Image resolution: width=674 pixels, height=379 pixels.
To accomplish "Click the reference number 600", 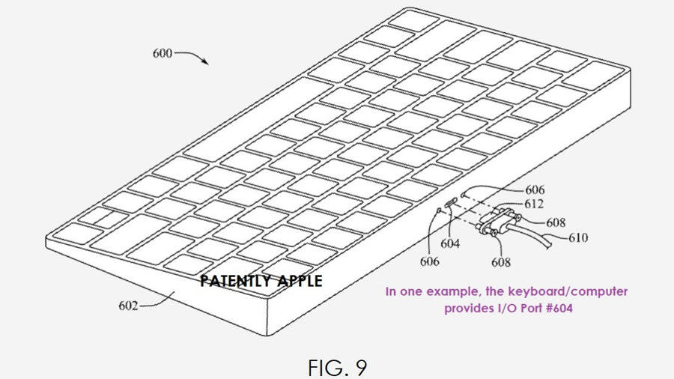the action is point(162,54).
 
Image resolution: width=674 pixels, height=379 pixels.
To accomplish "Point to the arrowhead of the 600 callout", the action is point(207,62).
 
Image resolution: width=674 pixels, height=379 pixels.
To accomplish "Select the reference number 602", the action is point(128,306).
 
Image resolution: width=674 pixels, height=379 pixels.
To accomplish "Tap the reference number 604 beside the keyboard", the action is point(450,243).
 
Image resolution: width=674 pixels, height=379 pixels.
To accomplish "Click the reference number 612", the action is point(534,204).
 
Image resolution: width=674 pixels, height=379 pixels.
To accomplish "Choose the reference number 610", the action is point(577,237).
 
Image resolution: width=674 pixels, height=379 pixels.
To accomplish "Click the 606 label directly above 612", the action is point(535,189).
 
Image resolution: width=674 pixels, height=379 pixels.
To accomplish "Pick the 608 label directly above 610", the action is point(556,222).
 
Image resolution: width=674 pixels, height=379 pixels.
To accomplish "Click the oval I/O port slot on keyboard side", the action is point(450,203).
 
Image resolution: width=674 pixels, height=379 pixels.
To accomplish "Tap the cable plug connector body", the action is point(500,220).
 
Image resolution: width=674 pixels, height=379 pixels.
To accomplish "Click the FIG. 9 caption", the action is point(338,368).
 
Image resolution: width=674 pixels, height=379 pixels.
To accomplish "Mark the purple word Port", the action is point(531,308).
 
